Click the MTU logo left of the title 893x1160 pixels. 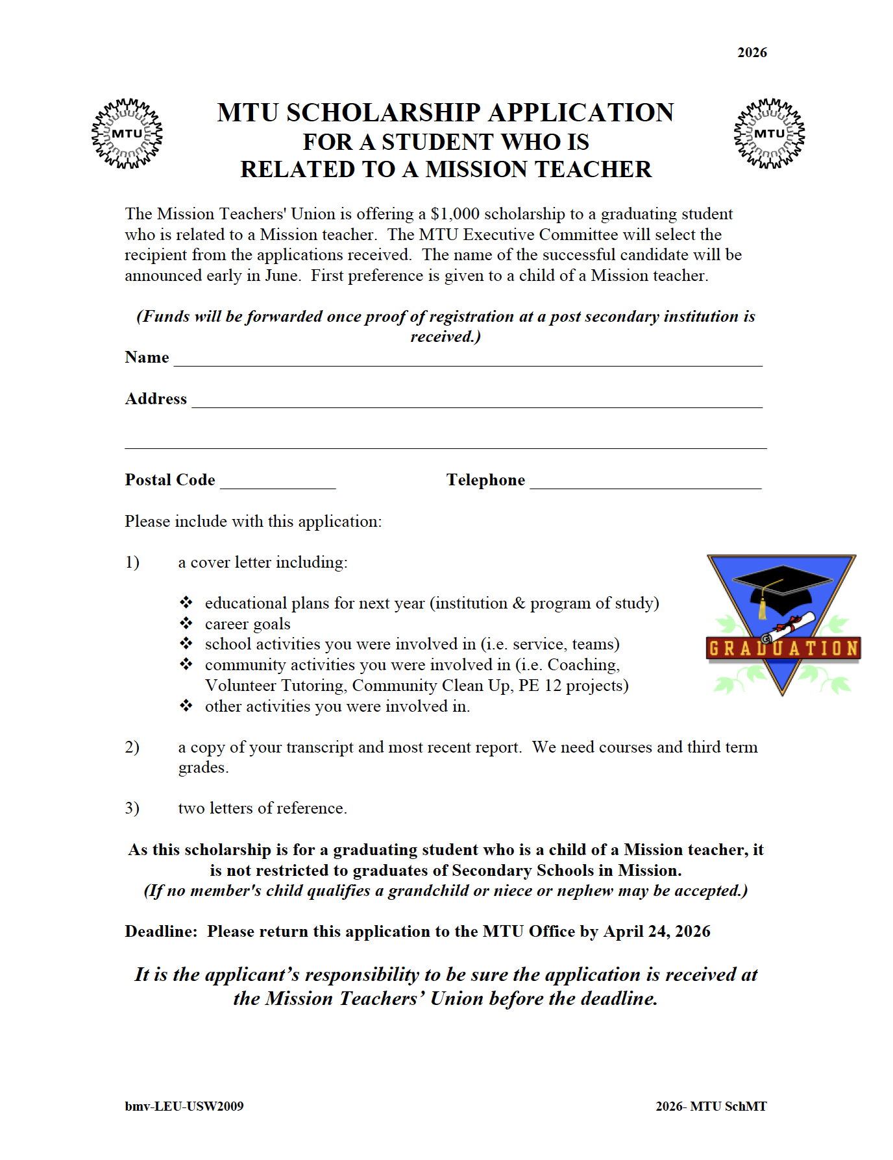pyautogui.click(x=127, y=134)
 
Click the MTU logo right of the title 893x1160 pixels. pyautogui.click(x=769, y=134)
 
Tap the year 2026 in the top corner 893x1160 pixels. pyautogui.click(x=752, y=53)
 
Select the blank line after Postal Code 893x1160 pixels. pyautogui.click(x=278, y=484)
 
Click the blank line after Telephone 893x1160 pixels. pyautogui.click(x=645, y=484)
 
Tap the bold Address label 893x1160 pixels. pyautogui.click(x=156, y=399)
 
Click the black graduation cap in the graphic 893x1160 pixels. pyautogui.click(x=782, y=583)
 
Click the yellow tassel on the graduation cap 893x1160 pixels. pyautogui.click(x=763, y=607)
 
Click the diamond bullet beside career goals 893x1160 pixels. pyautogui.click(x=186, y=623)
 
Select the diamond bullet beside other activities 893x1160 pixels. pyautogui.click(x=186, y=706)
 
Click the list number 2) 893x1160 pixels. pyautogui.click(x=132, y=747)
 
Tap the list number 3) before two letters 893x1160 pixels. pyautogui.click(x=132, y=808)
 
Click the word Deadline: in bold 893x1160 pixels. pyautogui.click(x=161, y=932)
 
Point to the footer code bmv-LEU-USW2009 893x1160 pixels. pyautogui.click(x=184, y=1106)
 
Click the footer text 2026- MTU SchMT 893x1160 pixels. pyautogui.click(x=711, y=1106)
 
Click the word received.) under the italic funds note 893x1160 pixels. pyautogui.click(x=445, y=337)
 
